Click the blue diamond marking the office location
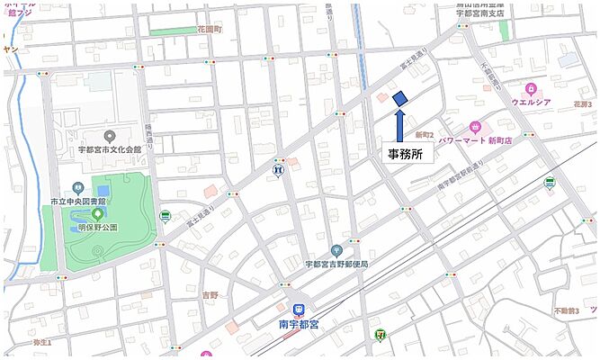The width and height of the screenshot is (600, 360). point(400,97)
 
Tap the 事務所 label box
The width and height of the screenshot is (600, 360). point(405,154)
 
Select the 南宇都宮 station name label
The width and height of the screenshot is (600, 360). point(296,319)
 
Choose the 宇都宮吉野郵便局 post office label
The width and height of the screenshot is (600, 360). point(336,264)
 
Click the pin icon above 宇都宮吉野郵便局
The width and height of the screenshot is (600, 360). point(336,250)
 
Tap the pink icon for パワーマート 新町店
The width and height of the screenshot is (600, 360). point(475,129)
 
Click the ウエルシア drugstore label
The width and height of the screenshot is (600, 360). point(531,103)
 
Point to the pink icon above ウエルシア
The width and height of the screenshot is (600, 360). point(531,88)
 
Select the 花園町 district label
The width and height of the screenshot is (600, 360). point(209,30)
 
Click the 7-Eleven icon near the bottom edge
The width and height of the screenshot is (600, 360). point(380,335)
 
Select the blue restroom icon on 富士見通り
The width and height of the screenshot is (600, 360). point(279,167)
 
